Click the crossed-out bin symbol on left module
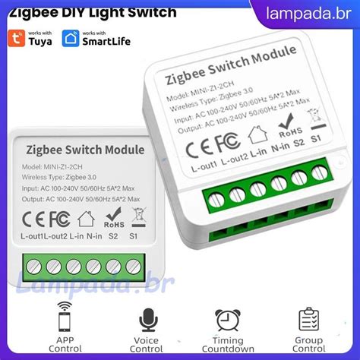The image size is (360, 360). pyautogui.click(x=137, y=217)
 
